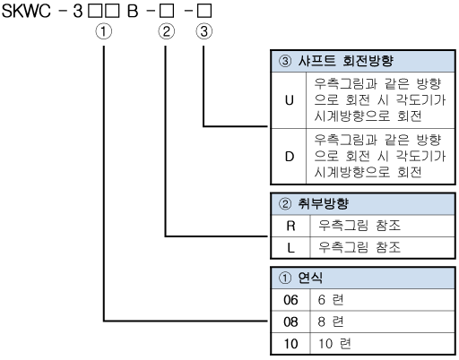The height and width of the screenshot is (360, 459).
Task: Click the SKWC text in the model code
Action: [26, 11]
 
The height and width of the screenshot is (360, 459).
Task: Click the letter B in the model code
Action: [133, 11]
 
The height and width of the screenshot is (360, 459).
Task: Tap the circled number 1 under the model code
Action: [104, 31]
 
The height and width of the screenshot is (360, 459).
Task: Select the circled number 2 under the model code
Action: [166, 31]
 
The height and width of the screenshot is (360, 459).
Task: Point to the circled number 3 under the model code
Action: [204, 31]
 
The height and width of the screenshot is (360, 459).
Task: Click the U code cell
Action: [289, 100]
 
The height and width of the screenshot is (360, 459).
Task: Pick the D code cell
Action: [289, 157]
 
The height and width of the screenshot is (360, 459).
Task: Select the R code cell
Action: [290, 226]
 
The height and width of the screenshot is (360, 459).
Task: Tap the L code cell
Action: [290, 248]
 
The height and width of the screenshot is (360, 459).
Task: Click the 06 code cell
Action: [290, 300]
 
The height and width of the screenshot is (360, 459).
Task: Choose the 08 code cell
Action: [290, 321]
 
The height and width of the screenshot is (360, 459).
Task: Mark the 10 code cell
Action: [290, 344]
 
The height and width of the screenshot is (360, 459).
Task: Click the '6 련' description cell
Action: [383, 300]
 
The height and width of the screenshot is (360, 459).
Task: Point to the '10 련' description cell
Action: [383, 344]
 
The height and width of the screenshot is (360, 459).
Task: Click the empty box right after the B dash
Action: [167, 11]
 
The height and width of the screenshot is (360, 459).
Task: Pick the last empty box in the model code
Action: [204, 11]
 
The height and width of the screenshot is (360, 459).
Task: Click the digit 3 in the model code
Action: [78, 11]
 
